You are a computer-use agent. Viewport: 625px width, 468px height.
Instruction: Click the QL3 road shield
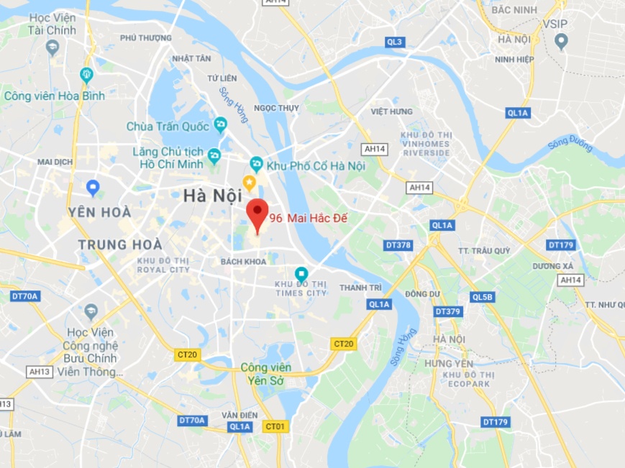coord(395,42)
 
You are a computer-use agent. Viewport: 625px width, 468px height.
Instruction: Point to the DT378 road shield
coord(398,245)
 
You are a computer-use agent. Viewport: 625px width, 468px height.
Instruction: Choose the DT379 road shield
coord(448,311)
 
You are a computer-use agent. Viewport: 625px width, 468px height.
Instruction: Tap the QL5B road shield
coord(482,297)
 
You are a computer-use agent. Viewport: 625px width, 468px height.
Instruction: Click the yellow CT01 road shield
coord(275,426)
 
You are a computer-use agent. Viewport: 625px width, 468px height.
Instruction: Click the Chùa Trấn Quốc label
coord(168,127)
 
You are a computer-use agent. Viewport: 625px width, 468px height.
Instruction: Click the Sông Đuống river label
coord(570,144)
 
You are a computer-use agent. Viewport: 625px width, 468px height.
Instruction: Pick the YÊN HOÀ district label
coord(99,212)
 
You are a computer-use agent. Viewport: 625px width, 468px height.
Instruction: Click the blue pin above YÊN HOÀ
coord(93,188)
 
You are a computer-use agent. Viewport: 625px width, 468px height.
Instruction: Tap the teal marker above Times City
coord(301,274)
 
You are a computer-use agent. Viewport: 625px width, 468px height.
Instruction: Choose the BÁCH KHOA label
coord(244,262)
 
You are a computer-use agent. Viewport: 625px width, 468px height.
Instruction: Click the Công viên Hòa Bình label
coord(55,96)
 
